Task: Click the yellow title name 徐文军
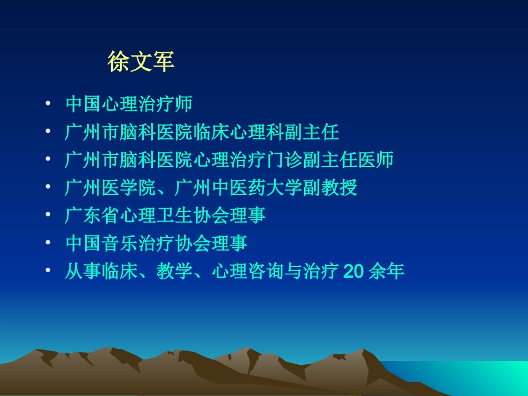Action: pos(141,62)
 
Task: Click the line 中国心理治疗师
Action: pos(129,104)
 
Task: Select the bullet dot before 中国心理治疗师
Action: pos(48,104)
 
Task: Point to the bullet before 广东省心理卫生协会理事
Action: pos(48,215)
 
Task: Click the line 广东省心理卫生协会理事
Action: pos(166,215)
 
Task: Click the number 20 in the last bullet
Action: pos(354,272)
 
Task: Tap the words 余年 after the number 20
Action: pos(386,272)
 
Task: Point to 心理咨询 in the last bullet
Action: pos(248,272)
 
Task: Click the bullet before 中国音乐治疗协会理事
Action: pos(48,243)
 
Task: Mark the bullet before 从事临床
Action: pos(48,272)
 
